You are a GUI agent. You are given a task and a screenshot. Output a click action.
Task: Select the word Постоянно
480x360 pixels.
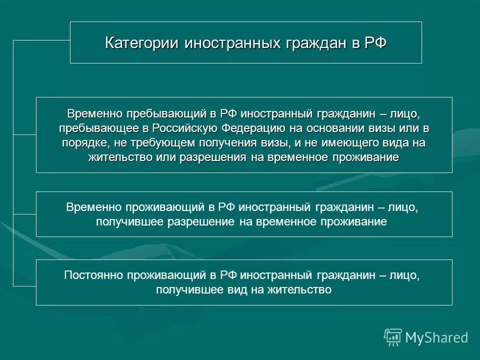pos(93,275)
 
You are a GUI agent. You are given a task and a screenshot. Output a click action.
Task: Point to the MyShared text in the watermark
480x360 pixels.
pos(436,337)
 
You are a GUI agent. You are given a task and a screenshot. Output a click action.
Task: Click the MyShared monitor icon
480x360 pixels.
pos(393,337)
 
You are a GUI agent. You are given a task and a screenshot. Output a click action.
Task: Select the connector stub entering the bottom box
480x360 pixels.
pos(24,285)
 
